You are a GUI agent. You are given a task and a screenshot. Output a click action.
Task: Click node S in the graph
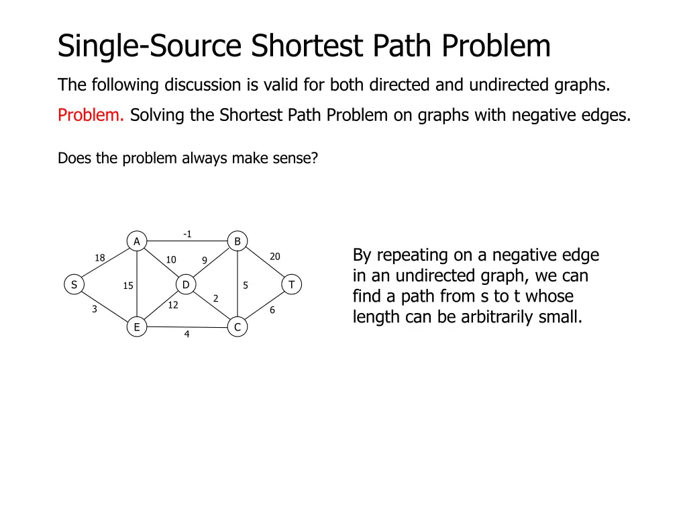click(74, 284)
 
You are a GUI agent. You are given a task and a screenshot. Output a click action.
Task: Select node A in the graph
click(137, 241)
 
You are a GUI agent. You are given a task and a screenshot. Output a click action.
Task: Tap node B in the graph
click(237, 241)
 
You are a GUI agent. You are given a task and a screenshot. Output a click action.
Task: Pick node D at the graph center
click(186, 284)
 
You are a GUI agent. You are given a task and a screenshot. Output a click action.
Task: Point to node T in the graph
click(292, 284)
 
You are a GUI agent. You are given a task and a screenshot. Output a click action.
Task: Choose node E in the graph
click(137, 327)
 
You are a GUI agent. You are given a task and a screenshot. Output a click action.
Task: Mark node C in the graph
click(237, 327)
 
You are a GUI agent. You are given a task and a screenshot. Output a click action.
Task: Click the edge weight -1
click(187, 234)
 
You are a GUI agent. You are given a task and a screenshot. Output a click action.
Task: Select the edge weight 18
click(100, 258)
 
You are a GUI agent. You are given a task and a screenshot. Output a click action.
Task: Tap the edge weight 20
click(275, 257)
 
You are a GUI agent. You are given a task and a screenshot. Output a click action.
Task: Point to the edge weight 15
click(128, 286)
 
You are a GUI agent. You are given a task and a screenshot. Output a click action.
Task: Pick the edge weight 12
click(173, 305)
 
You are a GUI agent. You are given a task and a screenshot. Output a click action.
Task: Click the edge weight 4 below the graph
click(187, 335)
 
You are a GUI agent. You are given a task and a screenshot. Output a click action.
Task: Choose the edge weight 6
click(272, 310)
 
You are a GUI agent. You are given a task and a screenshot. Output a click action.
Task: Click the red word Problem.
click(91, 116)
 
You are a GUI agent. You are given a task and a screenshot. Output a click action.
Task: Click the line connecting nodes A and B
click(201, 241)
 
